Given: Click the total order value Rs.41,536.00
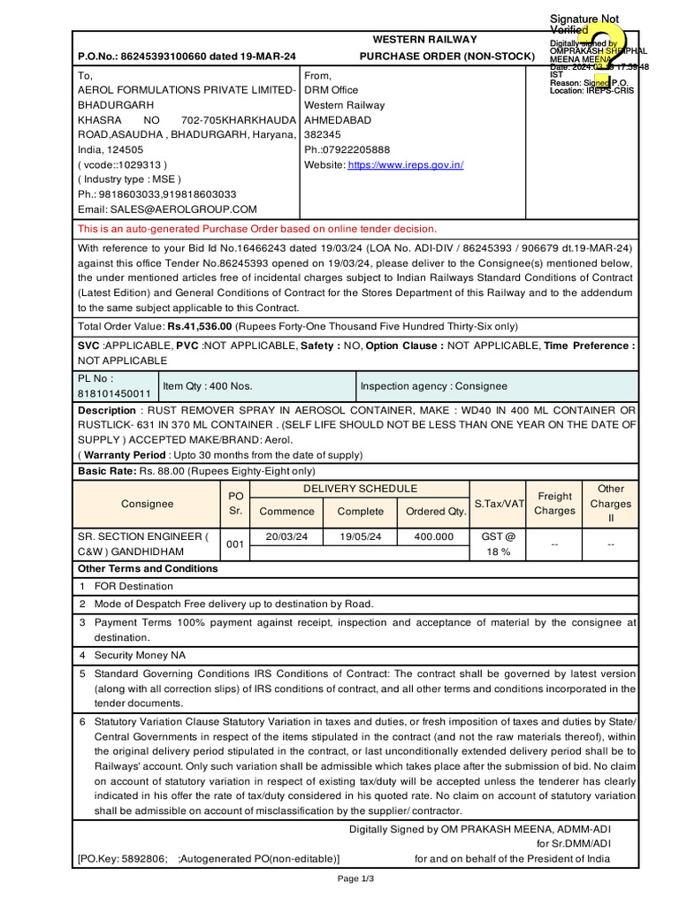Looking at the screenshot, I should [210, 326].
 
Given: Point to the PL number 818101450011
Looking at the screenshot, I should [115, 394].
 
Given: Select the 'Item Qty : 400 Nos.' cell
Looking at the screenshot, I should [208, 386].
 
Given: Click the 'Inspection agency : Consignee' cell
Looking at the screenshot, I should [433, 386].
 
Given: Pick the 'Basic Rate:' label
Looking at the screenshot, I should [108, 471].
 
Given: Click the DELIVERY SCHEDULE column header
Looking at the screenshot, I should [360, 489].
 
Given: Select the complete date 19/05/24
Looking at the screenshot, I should [361, 536].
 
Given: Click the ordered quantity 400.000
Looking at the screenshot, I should [435, 536].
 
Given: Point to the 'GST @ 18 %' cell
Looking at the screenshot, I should [500, 544].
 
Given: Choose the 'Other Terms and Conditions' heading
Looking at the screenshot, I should [148, 568].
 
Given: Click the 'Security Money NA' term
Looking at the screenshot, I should [140, 656].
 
